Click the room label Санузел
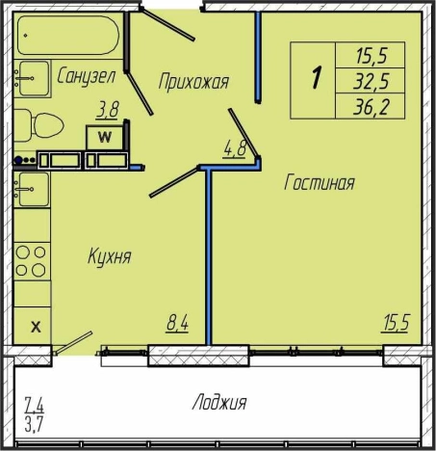pyautogui.click(x=86, y=76)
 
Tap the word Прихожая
pyautogui.click(x=193, y=81)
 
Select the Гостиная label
pyautogui.click(x=320, y=182)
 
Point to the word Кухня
pyautogui.click(x=110, y=256)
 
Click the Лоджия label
pyautogui.click(x=219, y=402)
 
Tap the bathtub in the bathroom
pyautogui.click(x=68, y=36)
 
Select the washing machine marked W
pyautogui.click(x=105, y=138)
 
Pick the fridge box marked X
pyautogui.click(x=33, y=326)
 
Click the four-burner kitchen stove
pyautogui.click(x=32, y=261)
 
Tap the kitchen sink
pyautogui.click(x=33, y=190)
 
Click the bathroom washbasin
pyautogui.click(x=33, y=78)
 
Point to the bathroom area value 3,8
pyautogui.click(x=107, y=110)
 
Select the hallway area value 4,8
pyautogui.click(x=235, y=149)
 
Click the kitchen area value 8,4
pyautogui.click(x=177, y=323)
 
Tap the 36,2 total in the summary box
pyautogui.click(x=371, y=107)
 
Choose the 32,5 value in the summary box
pyautogui.click(x=371, y=81)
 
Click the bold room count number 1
pyautogui.click(x=317, y=77)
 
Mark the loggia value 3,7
pyautogui.click(x=34, y=425)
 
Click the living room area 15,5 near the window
pyautogui.click(x=395, y=323)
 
